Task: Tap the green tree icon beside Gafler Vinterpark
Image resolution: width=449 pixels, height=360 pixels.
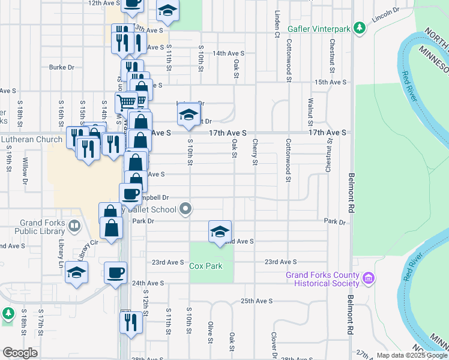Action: pyautogui.click(x=360, y=28)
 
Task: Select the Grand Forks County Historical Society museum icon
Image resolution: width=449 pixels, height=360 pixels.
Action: pyautogui.click(x=369, y=278)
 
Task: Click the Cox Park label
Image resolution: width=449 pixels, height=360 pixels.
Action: pyautogui.click(x=206, y=266)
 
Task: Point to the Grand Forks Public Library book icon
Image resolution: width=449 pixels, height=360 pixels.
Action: pyautogui.click(x=74, y=226)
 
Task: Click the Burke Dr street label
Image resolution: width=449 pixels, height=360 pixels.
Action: pyautogui.click(x=61, y=67)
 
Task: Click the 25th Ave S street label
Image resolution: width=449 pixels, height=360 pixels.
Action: pyautogui.click(x=256, y=301)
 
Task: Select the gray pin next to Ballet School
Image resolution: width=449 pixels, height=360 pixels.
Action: pyautogui.click(x=186, y=209)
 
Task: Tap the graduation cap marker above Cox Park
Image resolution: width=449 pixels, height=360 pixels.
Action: pyautogui.click(x=220, y=232)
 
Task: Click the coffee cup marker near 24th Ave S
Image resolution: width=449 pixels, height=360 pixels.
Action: pyautogui.click(x=115, y=273)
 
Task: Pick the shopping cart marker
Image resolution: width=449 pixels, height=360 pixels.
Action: pyautogui.click(x=126, y=102)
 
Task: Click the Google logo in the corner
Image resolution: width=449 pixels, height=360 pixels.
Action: pyautogui.click(x=20, y=353)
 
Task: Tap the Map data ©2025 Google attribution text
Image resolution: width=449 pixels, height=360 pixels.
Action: pyautogui.click(x=411, y=355)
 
